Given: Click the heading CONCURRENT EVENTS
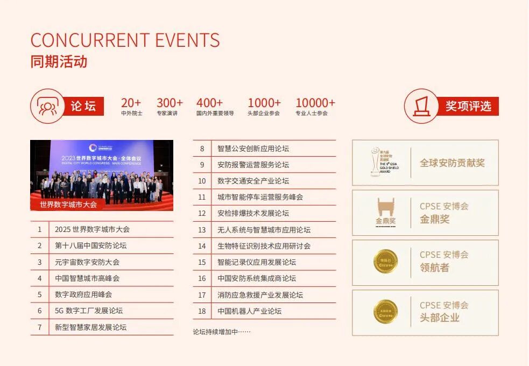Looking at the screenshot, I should pyautogui.click(x=125, y=40).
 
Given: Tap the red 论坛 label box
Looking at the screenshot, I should pyautogui.click(x=83, y=106).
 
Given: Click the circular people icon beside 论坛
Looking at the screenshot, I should pyautogui.click(x=47, y=106).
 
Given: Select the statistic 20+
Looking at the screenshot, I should pyautogui.click(x=131, y=103).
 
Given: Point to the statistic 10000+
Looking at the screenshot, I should pyautogui.click(x=315, y=103).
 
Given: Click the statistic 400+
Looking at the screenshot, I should pyautogui.click(x=209, y=103).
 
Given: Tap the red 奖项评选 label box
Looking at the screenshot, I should pyautogui.click(x=468, y=106).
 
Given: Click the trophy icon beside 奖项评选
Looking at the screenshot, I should pyautogui.click(x=421, y=106).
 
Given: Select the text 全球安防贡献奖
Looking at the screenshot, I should pyautogui.click(x=452, y=163).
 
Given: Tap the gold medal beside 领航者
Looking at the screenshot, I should pyautogui.click(x=385, y=262).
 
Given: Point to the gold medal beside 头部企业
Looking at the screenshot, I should pyautogui.click(x=385, y=312).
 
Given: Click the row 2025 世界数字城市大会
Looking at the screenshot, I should pyautogui.click(x=92, y=229).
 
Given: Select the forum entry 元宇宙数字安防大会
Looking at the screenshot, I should pyautogui.click(x=87, y=262).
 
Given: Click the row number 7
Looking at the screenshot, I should pyautogui.click(x=39, y=327).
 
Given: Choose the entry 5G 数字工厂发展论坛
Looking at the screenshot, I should pyautogui.click(x=89, y=311).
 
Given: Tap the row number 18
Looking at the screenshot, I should pyautogui.click(x=202, y=311).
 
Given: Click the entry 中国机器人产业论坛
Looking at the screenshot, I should pyautogui.click(x=249, y=311).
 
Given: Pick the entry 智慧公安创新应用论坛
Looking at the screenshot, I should pyautogui.click(x=253, y=149).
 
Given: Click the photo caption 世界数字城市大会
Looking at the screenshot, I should pyautogui.click(x=68, y=205).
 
